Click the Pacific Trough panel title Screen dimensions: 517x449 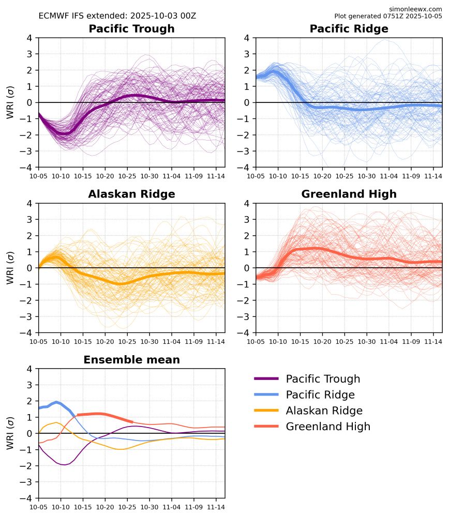(x=131, y=29)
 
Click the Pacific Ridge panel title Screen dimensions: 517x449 (x=349, y=29)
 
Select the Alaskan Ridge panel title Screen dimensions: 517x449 (x=131, y=194)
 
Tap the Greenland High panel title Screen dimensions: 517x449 (x=349, y=194)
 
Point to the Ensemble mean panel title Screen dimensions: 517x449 (x=131, y=360)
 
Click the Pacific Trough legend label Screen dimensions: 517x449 (x=323, y=379)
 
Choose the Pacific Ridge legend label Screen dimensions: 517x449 (x=320, y=395)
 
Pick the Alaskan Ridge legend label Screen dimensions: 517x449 (x=324, y=411)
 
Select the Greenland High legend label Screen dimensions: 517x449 (x=328, y=427)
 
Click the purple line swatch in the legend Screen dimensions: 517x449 (x=267, y=379)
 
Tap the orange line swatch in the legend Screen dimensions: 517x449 (x=267, y=411)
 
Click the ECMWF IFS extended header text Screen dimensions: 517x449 (x=117, y=16)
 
